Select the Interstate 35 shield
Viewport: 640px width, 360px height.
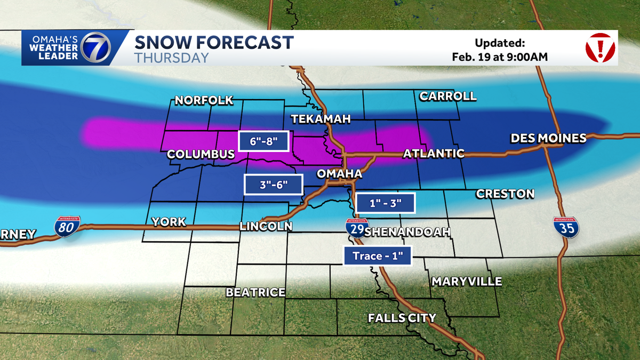coord(566,227)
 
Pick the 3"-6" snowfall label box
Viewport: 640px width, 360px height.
coord(274,185)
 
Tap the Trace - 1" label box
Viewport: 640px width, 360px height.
coord(378,256)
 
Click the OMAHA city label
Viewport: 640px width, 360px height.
coord(340,174)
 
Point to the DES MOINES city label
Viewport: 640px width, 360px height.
coord(548,138)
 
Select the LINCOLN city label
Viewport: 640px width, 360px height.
coord(266,226)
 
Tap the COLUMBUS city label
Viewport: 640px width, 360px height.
coord(201,154)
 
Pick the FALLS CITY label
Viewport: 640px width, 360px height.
coord(402,318)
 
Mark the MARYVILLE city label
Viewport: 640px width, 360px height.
coord(467,281)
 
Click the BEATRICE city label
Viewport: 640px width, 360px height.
coord(255,292)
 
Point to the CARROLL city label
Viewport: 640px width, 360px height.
coord(447,97)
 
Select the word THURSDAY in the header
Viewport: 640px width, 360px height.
coord(171,58)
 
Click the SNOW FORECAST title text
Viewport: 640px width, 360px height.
coord(214,42)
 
